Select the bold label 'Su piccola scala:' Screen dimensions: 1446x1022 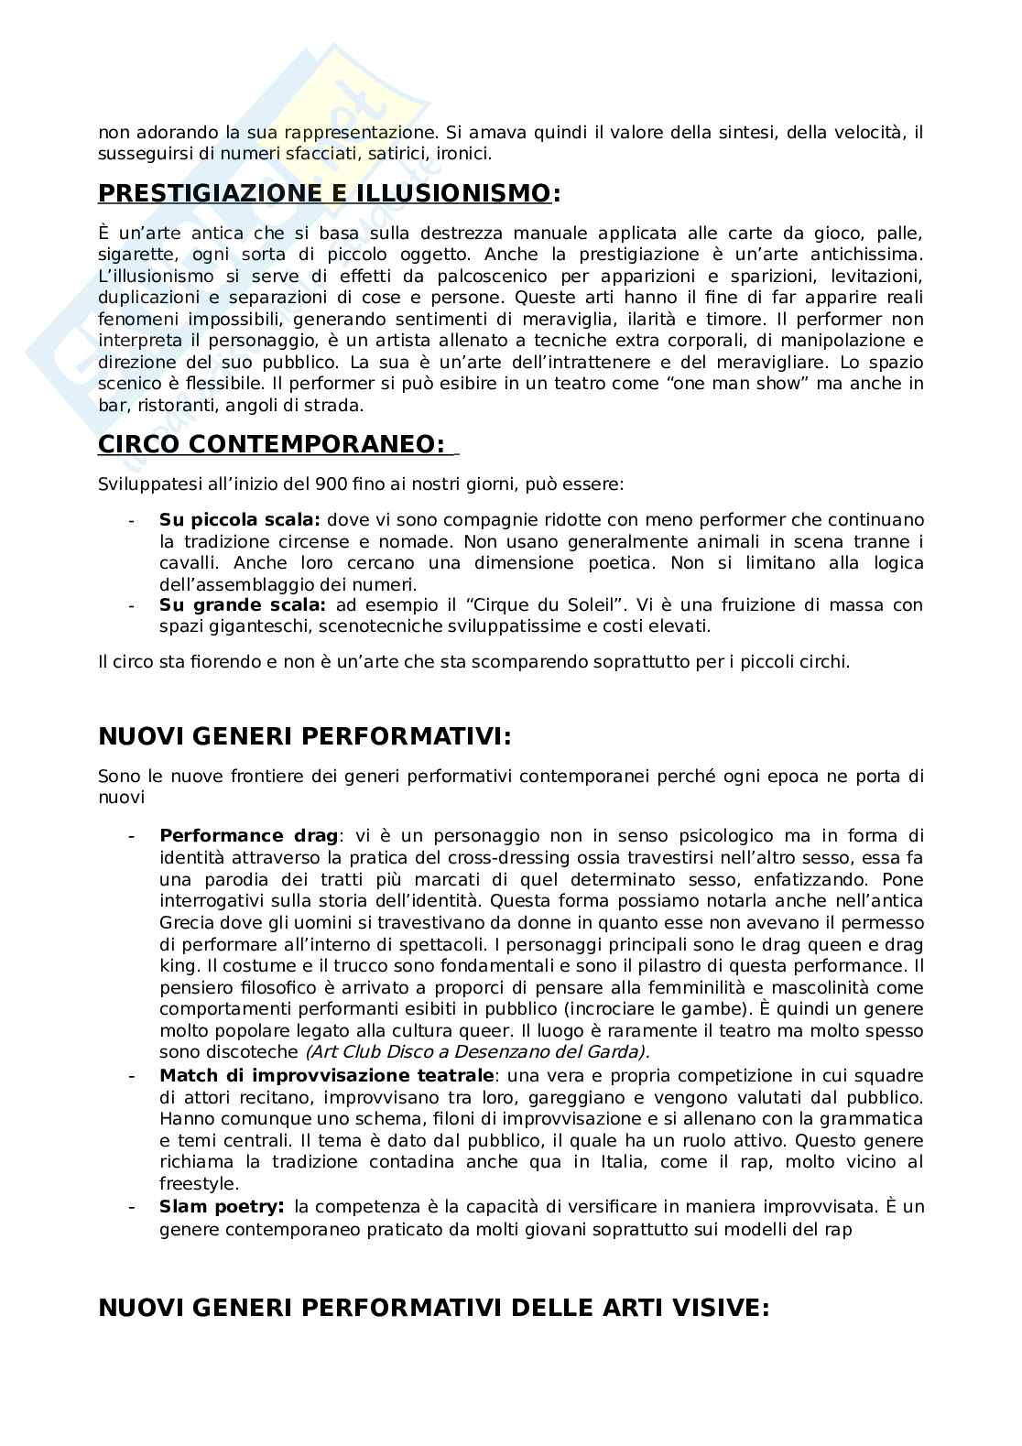240,519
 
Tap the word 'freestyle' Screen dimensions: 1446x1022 192,1183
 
